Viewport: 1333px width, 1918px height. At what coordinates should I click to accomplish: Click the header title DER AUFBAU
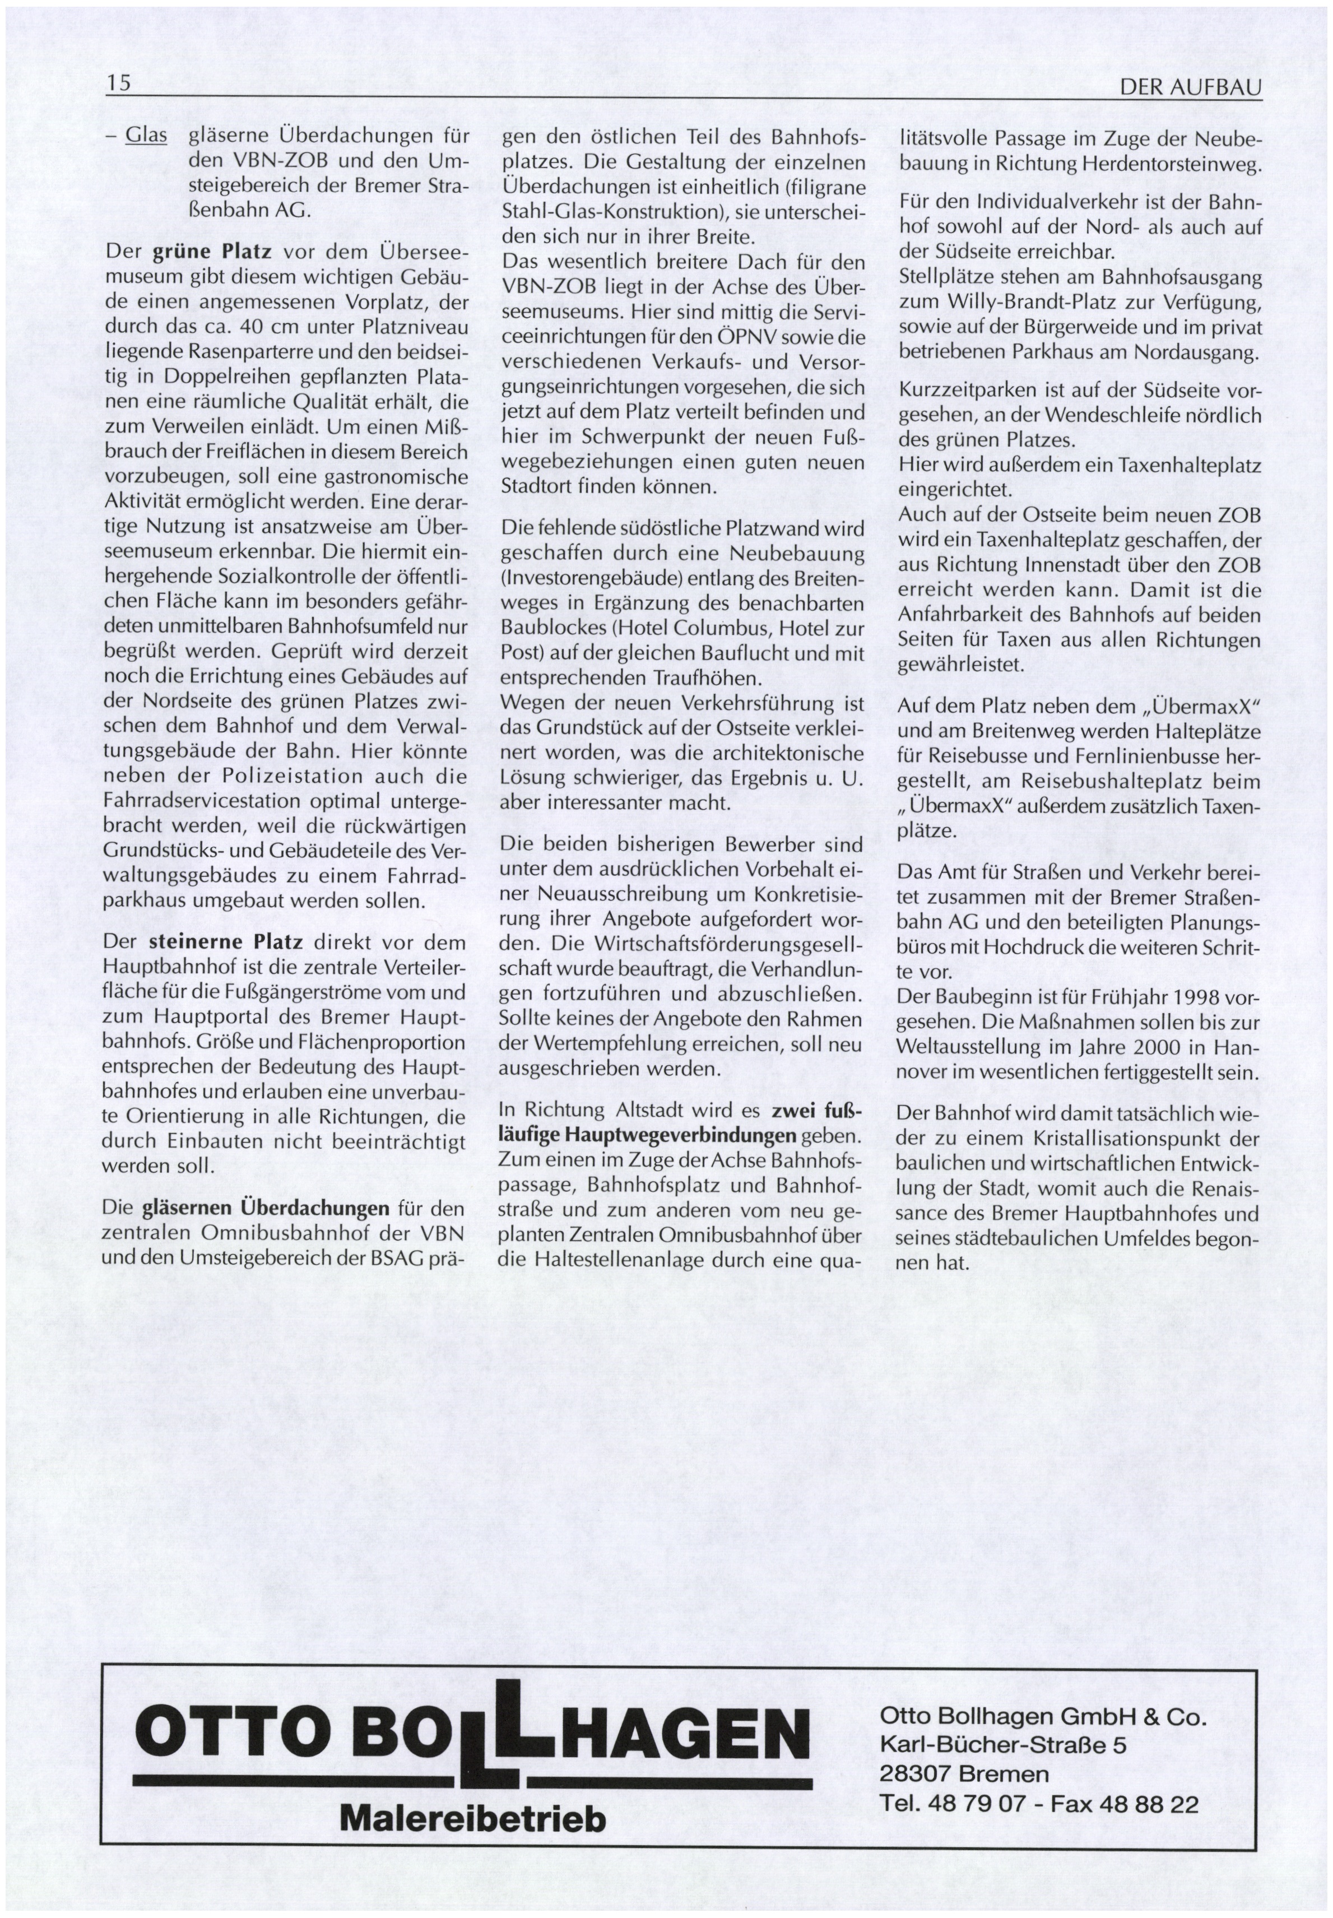click(x=1190, y=87)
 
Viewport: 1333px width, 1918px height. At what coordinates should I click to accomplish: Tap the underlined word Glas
click(x=146, y=135)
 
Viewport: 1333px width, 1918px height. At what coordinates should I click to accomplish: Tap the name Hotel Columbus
click(x=701, y=628)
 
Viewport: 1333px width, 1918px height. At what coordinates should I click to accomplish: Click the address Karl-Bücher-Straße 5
click(x=1002, y=1746)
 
